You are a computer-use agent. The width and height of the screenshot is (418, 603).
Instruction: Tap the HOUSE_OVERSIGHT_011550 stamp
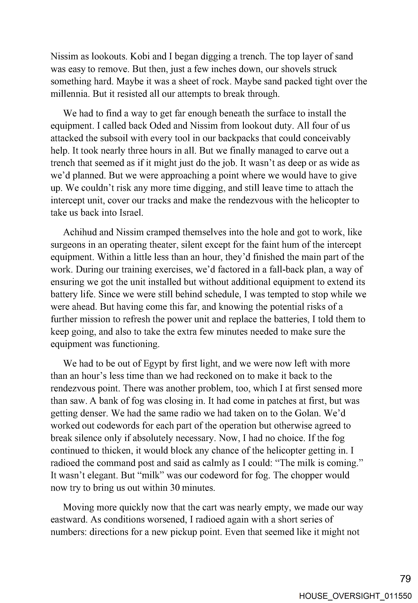[x=355, y=596]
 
